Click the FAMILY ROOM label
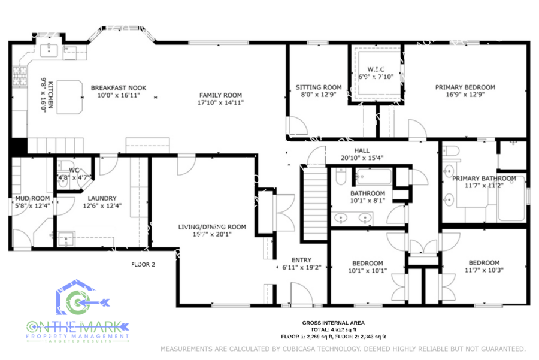point(220,95)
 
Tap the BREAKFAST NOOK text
point(119,88)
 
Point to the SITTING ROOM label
point(319,87)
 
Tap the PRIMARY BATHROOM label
point(484,179)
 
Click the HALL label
point(362,151)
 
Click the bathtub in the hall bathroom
point(373,177)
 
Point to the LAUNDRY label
point(102,199)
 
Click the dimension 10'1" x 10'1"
point(368,271)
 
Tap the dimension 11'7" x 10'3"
point(483,270)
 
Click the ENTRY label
point(301,260)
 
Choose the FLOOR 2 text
point(143,264)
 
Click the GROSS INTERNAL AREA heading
point(333,323)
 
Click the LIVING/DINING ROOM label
point(212,227)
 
